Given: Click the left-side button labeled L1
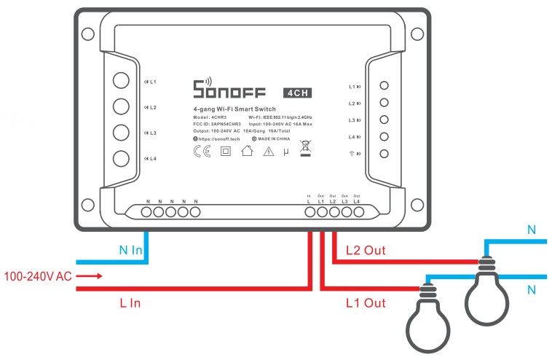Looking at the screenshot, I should (122, 81).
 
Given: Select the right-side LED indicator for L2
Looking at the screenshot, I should (385, 103).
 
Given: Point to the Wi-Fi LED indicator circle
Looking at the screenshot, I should (385, 153).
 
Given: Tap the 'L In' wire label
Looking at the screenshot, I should (130, 302).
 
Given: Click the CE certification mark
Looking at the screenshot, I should (202, 152).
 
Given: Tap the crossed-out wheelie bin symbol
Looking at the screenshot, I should (305, 149).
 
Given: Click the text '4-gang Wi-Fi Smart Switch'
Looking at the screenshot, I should (234, 109).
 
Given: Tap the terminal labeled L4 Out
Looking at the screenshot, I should (358, 212).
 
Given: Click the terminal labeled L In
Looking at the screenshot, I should (309, 212).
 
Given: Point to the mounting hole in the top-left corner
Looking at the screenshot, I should (87, 34).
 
